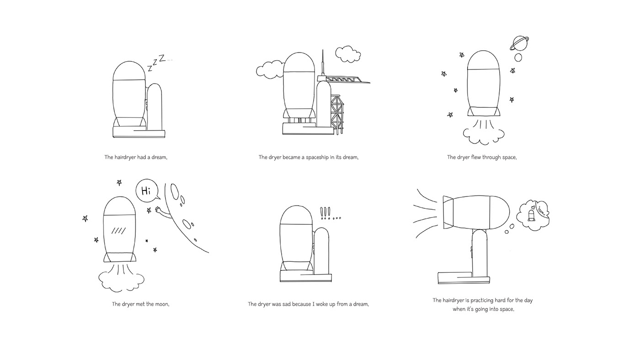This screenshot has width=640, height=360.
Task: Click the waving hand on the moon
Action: pos(160,211)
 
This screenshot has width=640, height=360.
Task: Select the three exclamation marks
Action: pos(325,212)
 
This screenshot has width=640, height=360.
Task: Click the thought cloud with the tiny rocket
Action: pos(532,213)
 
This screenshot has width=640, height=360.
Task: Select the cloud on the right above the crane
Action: pos(347,53)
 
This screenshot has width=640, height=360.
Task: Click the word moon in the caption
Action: pos(161,304)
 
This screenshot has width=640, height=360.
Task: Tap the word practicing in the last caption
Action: pos(478,301)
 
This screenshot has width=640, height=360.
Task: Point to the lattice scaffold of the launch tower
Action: pos(338,112)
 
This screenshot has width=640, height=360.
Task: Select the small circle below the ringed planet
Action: pos(518,58)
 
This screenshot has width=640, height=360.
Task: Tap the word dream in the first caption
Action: pos(159,158)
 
